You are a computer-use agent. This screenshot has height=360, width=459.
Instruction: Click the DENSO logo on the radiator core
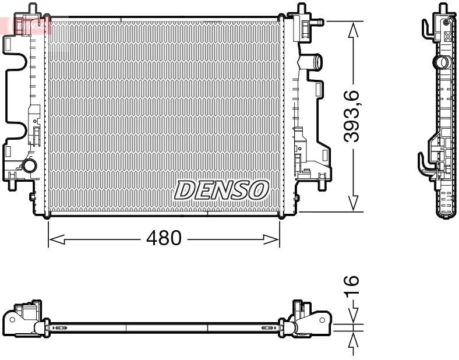[221, 189]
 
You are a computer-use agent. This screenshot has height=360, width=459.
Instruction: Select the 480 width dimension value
[164, 238]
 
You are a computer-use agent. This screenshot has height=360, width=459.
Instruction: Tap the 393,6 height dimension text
[351, 117]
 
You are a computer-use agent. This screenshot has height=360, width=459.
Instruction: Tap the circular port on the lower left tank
[27, 167]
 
